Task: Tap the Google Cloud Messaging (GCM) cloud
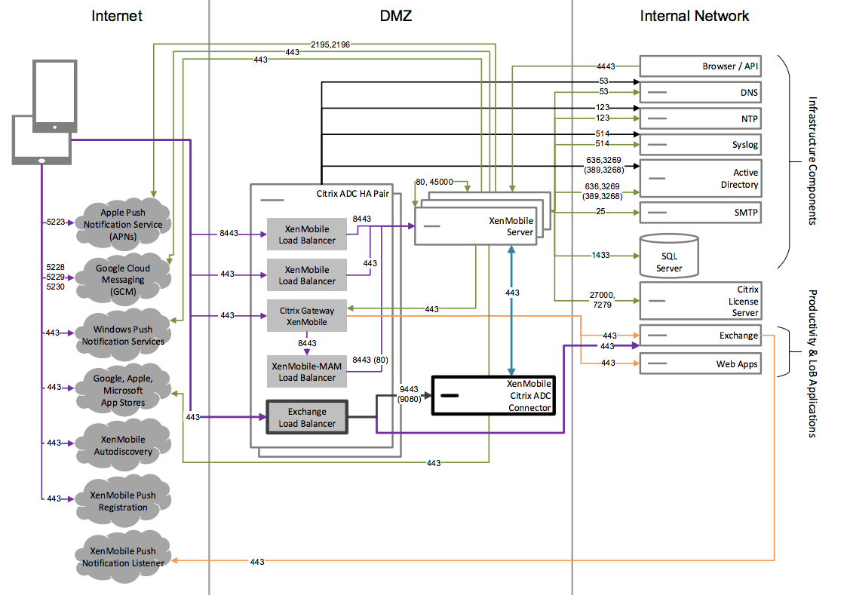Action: click(x=122, y=279)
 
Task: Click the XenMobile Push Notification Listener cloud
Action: click(x=123, y=557)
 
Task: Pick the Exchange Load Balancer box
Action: click(x=307, y=418)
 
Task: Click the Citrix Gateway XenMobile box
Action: click(x=307, y=316)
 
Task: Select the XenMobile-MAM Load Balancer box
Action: click(x=307, y=371)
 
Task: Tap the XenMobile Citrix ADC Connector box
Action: click(x=493, y=395)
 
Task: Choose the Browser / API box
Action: click(x=700, y=67)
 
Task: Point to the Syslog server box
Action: click(x=700, y=145)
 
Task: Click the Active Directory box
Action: click(x=700, y=179)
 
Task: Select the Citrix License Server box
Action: click(x=700, y=300)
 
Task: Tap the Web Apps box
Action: click(x=700, y=364)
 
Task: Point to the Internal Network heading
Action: click(x=694, y=16)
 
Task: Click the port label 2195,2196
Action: click(x=329, y=44)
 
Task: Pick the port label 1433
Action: click(x=600, y=256)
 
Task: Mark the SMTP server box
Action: click(x=700, y=213)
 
